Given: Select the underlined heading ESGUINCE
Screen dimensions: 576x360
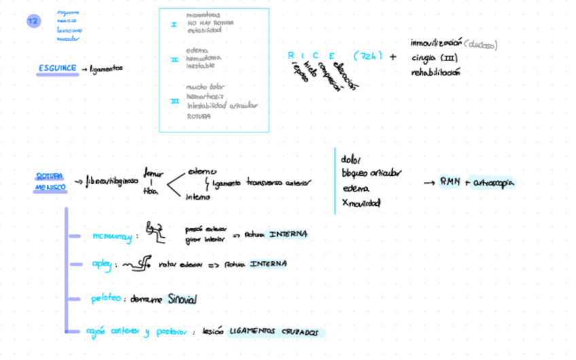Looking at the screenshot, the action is coord(57,68).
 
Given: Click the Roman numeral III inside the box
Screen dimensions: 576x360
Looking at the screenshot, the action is coord(175,101).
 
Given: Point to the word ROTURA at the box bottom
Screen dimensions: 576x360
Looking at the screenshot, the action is coord(198,116).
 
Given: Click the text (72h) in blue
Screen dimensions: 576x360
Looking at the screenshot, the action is coord(368,56).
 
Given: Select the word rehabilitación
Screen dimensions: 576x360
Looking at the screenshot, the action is coord(435,73).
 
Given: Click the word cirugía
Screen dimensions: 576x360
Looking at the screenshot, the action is coord(425,58).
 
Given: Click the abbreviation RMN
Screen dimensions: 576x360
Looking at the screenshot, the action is coord(450,181).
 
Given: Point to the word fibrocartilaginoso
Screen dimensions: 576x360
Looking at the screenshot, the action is coord(112,181).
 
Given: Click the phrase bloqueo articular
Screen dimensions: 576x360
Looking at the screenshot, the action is coord(371,173).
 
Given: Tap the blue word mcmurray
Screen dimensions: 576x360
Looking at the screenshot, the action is coord(112,236).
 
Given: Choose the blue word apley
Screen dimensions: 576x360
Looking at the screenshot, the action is coord(102,264).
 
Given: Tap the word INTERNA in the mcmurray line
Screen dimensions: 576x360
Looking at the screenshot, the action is coord(288,234).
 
